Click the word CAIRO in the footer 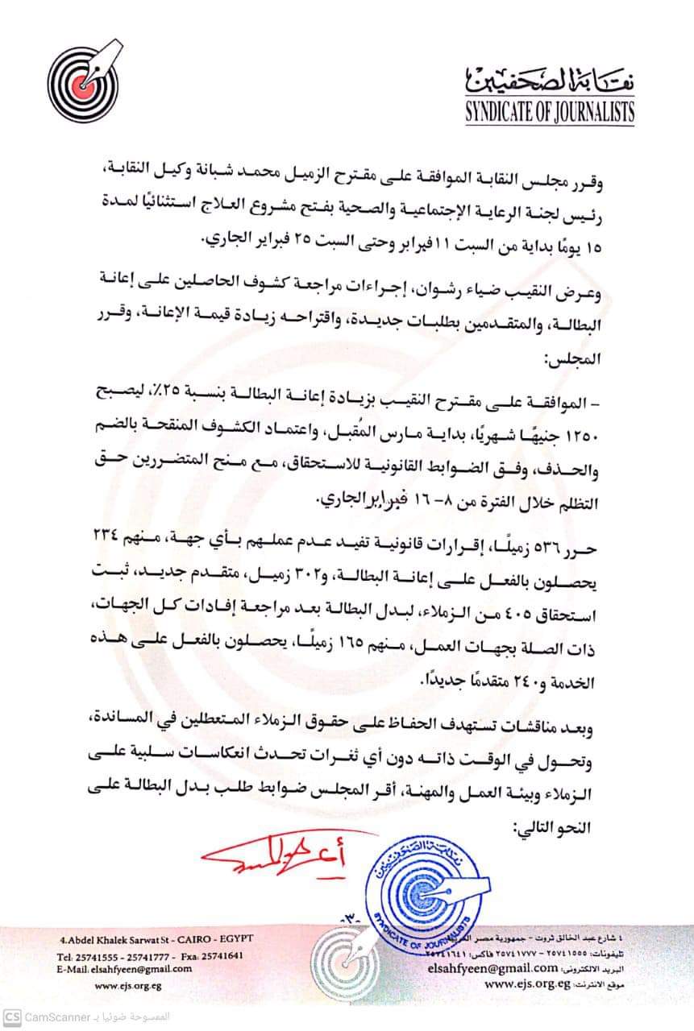(x=190, y=940)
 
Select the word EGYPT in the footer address (x=232, y=940)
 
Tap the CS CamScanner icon (x=11, y=1017)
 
